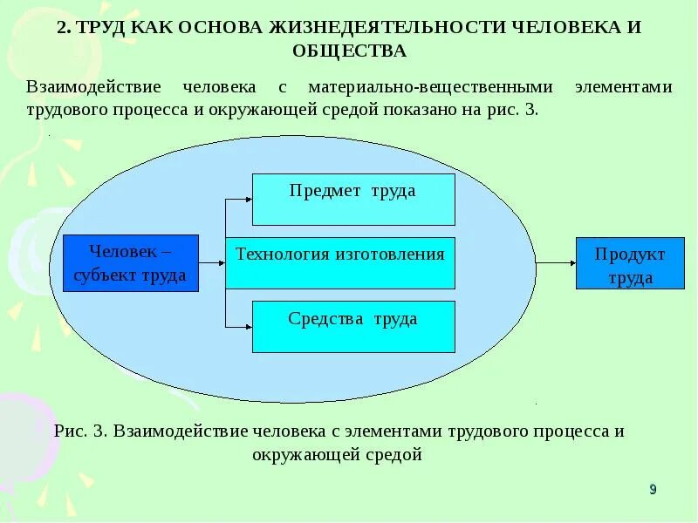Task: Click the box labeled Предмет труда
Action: (x=353, y=200)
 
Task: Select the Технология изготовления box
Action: (x=340, y=262)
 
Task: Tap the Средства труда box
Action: (x=353, y=326)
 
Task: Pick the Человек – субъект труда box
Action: (x=131, y=262)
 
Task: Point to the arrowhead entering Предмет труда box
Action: (x=247, y=200)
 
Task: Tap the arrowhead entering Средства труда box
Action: (x=247, y=326)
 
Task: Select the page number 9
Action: (x=653, y=489)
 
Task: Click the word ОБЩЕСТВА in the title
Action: (x=349, y=51)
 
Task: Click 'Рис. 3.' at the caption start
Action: (x=79, y=431)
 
